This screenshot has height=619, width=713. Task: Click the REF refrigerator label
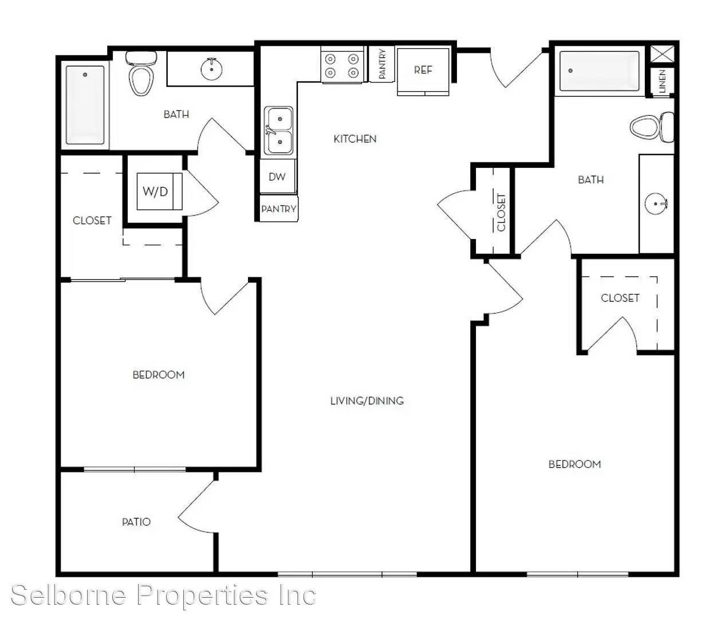[x=423, y=70]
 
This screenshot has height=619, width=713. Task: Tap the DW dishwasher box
[x=278, y=176]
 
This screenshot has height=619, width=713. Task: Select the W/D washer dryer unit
[x=159, y=191]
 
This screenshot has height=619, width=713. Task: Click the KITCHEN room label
[x=354, y=139]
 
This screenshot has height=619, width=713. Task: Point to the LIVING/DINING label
[x=367, y=401]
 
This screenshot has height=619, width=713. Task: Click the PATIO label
[x=136, y=522]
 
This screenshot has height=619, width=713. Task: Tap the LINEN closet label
[x=663, y=81]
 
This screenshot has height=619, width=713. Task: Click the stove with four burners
[x=342, y=65]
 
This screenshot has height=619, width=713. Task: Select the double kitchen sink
[x=278, y=131]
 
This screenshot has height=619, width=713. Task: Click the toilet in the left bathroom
[x=141, y=73]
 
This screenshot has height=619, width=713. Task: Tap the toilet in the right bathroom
[x=652, y=127]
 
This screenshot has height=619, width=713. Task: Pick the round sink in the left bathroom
[x=211, y=69]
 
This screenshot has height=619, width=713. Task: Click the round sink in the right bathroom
[x=656, y=203]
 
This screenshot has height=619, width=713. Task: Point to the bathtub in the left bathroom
[x=85, y=105]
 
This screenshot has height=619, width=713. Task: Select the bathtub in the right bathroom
[x=600, y=71]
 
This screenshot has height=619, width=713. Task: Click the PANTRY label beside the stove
[x=382, y=64]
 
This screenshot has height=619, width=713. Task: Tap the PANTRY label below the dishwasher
[x=279, y=209]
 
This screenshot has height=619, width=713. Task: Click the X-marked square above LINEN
[x=663, y=54]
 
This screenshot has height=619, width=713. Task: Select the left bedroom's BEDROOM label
[x=159, y=375]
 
